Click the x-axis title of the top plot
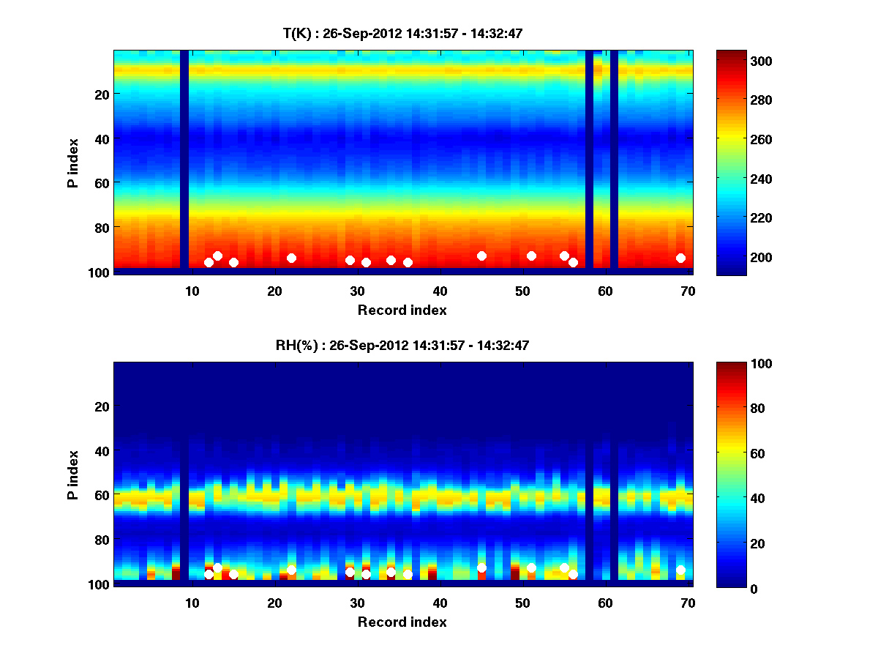click(x=402, y=310)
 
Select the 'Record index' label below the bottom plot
click(x=402, y=622)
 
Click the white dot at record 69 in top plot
click(x=680, y=258)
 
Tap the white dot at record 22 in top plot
click(x=291, y=258)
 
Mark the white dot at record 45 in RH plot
click(x=481, y=568)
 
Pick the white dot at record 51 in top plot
click(x=531, y=256)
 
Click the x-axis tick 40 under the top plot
click(x=440, y=290)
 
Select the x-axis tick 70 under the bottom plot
click(x=688, y=603)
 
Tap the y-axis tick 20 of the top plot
click(x=102, y=94)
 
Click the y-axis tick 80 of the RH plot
click(x=102, y=540)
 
